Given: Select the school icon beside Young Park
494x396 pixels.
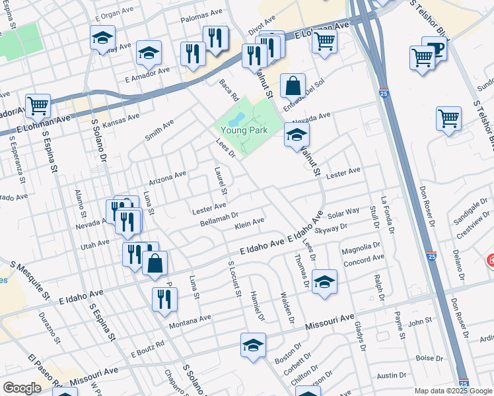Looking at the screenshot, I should point(297,137).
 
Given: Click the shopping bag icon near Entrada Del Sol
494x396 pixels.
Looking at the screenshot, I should point(292,86).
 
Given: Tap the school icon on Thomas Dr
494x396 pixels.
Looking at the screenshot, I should point(324,282).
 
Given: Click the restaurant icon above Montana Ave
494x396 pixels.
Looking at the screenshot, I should point(164,299).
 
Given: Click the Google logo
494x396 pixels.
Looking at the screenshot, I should point(22,388).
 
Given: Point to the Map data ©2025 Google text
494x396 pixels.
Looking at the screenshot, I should point(454,391).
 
